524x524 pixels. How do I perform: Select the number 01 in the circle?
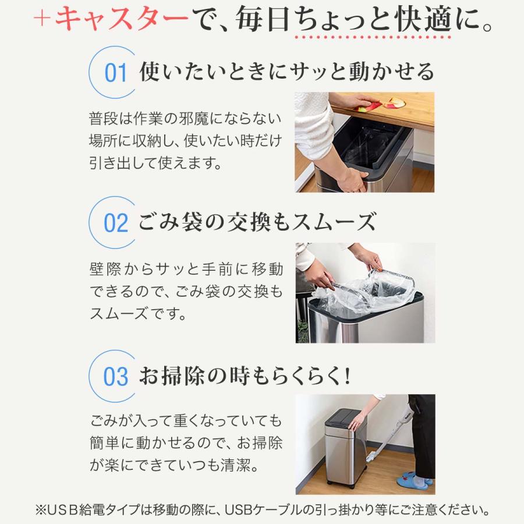pos(115,74)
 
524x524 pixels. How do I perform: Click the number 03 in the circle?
pos(115,377)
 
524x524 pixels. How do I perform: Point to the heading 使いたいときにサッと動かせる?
pos(286,72)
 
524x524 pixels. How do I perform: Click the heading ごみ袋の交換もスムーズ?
pos(257,222)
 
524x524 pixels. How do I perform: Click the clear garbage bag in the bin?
pos(361,291)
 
